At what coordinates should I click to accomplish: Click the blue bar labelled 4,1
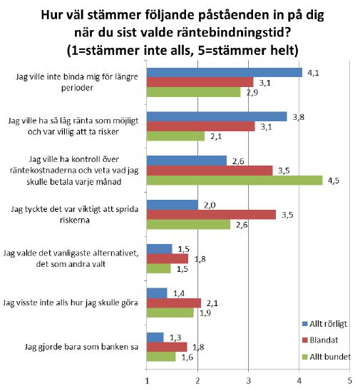pos(225,73)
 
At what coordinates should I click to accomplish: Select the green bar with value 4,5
pos(235,181)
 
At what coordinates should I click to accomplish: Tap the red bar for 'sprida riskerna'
pos(211,215)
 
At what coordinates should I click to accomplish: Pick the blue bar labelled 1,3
pos(155,337)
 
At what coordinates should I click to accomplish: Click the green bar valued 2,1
pos(175,136)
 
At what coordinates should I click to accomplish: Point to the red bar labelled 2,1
pos(174,303)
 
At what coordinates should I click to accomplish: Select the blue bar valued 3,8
pos(217,117)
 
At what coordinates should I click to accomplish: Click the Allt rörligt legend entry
pos(324,324)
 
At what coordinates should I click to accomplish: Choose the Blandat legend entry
pos(320,340)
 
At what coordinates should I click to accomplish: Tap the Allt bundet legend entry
pos(326,357)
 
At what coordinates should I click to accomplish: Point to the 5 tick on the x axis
pos(350,381)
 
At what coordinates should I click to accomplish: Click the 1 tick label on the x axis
pos(147,381)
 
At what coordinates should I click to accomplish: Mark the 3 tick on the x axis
pos(248,381)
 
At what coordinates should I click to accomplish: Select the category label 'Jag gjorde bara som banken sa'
pos(81,347)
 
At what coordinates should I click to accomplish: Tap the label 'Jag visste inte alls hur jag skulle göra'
pos(71,303)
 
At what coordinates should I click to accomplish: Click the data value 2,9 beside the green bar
pos(252,93)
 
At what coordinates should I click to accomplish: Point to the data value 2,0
pos(210,205)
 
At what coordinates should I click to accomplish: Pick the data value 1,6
pos(187,357)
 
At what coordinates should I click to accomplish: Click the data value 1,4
pos(179,293)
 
